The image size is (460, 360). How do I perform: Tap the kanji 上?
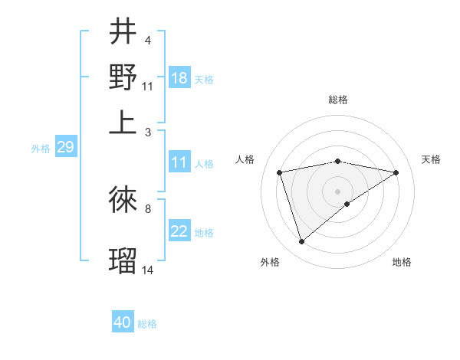coord(123,122)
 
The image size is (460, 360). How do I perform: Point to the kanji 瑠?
coord(123,260)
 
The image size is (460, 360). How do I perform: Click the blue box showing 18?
coord(179,78)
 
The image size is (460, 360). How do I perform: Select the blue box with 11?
coord(179,162)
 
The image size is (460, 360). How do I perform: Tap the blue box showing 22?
coord(179,231)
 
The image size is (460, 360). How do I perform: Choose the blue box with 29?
coord(65,147)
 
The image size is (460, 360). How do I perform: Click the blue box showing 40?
coord(123,322)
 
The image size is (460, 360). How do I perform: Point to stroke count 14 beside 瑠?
coord(148,270)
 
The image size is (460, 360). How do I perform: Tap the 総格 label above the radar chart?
coord(338,100)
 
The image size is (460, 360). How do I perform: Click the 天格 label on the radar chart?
coord(431,159)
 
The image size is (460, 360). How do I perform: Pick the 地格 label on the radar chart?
coord(402,263)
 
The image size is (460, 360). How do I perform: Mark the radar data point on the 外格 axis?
coord(302,242)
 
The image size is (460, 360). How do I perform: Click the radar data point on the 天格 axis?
coord(396,172)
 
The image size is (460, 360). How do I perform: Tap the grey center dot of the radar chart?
coord(338,191)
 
